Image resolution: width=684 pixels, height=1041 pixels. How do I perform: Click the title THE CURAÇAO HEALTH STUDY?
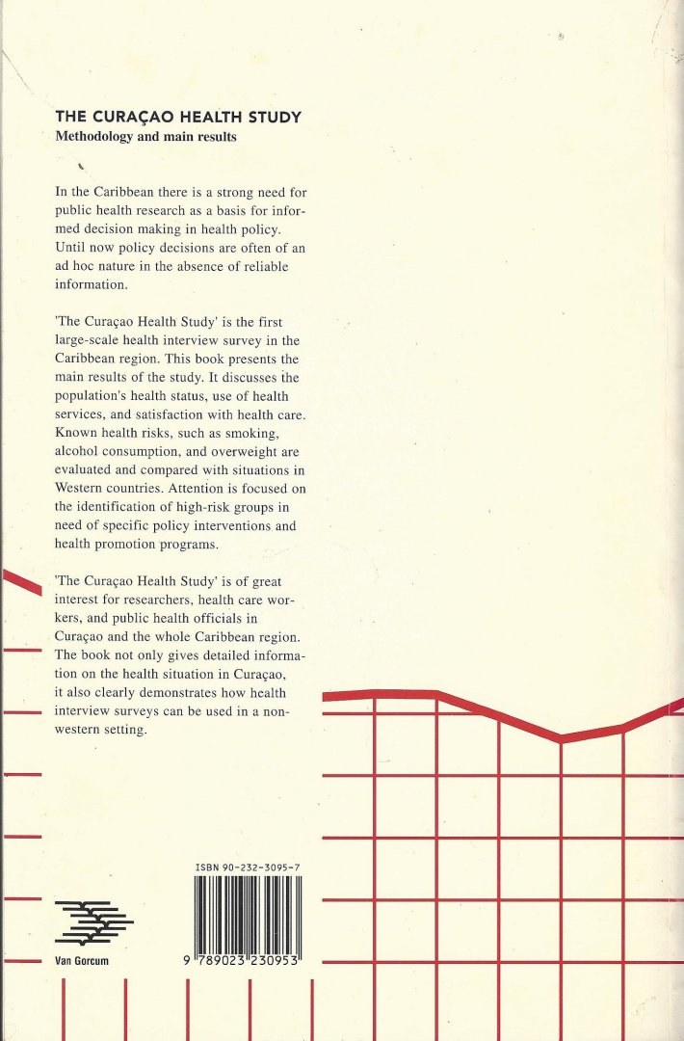pyautogui.click(x=178, y=118)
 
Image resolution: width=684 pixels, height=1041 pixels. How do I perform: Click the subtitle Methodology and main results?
pyautogui.click(x=145, y=137)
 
